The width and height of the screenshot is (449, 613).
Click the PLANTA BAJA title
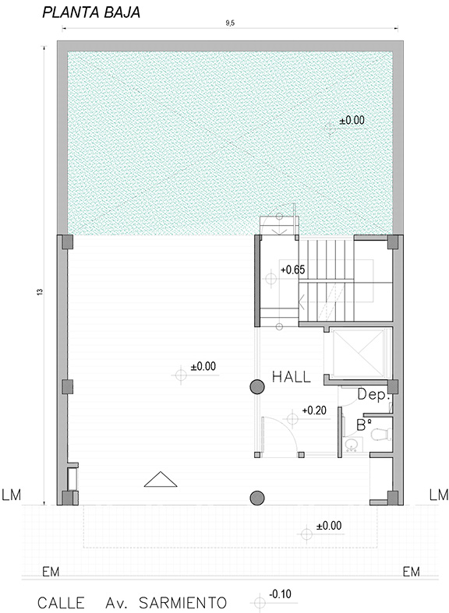point(91,12)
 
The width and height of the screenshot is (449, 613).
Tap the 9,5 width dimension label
point(230,23)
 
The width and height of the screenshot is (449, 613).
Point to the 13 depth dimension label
point(40,291)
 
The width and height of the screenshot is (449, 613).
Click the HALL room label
point(292,377)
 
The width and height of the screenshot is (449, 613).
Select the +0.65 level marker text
point(292,270)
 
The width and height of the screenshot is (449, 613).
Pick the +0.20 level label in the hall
point(314,410)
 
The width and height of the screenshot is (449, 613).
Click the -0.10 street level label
point(280,594)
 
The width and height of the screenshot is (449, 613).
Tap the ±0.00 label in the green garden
point(352,120)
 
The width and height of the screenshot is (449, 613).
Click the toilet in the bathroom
point(381,434)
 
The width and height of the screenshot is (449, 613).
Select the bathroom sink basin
point(353,445)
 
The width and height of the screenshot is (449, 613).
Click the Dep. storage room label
point(374,394)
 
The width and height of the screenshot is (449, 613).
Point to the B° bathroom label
point(364,425)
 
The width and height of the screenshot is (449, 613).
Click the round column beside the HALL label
point(257,386)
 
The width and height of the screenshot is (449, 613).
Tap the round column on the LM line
point(257,498)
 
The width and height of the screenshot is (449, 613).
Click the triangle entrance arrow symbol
point(161,480)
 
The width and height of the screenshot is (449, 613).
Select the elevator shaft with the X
point(357,354)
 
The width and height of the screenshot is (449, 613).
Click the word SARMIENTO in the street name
point(183,602)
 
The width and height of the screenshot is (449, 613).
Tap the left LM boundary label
point(12,495)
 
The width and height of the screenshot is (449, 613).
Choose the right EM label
point(412,572)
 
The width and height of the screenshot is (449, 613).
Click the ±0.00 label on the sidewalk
point(329,526)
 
